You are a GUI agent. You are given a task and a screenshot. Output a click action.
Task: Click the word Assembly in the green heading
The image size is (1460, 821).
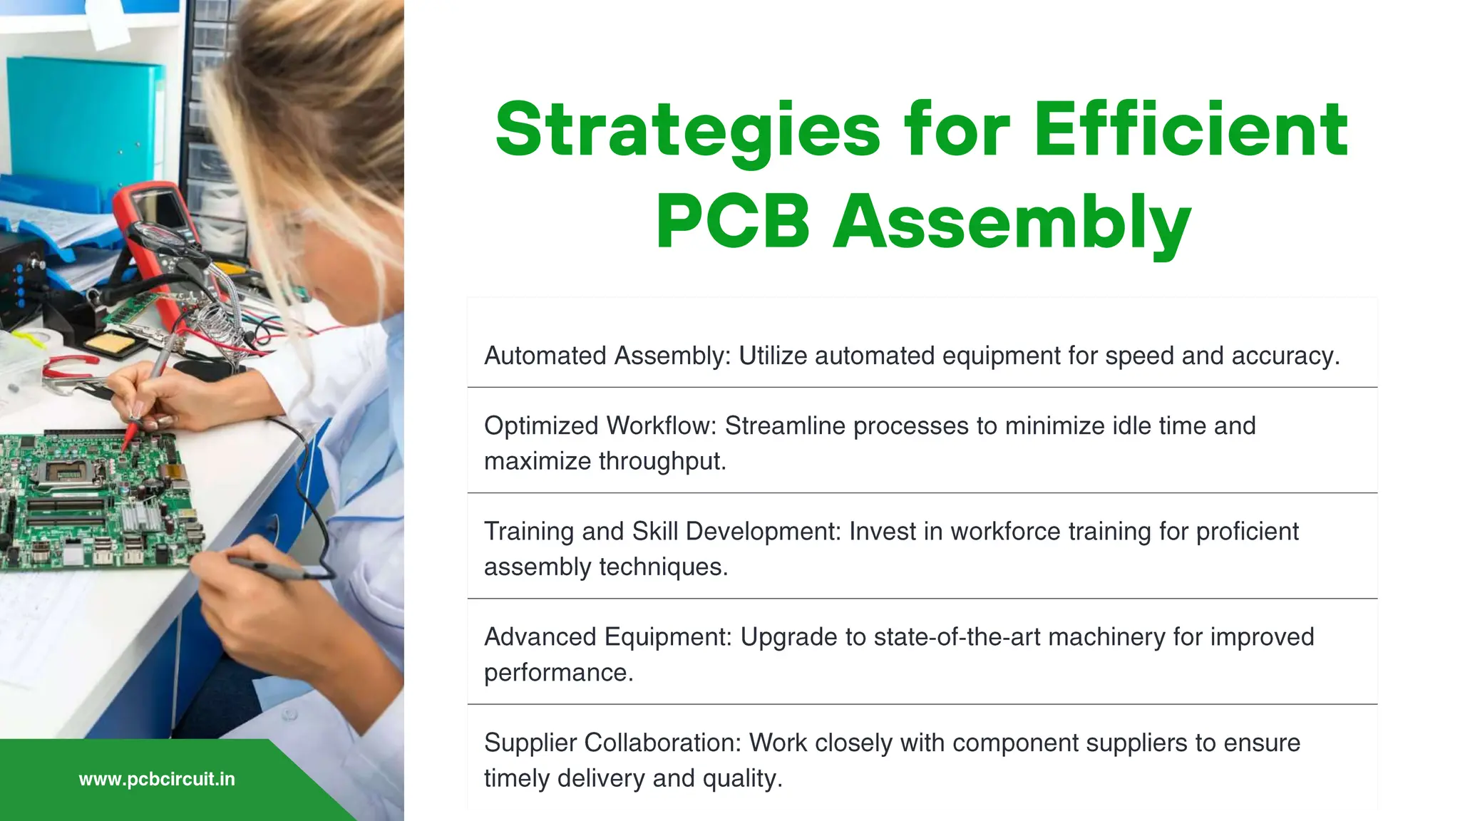click(1012, 223)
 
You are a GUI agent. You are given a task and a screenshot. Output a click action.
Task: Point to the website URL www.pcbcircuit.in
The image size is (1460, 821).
click(157, 779)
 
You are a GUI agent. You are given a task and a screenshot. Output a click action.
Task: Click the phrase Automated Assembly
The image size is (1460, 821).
click(606, 356)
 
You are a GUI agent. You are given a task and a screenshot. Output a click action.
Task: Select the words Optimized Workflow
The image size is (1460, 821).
click(599, 425)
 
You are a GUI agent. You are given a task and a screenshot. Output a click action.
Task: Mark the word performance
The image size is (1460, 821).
click(557, 673)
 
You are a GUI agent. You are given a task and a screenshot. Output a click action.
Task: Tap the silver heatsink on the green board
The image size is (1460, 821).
click(140, 513)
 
